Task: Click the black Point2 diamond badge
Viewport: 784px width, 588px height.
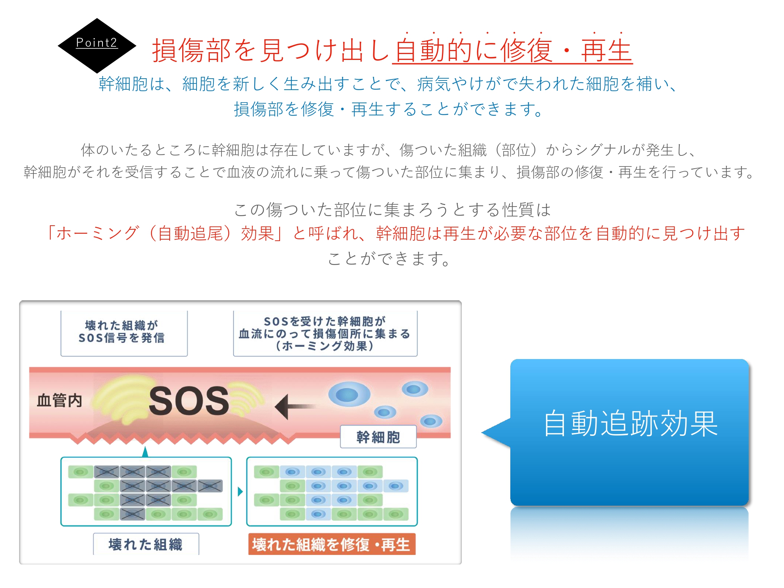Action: pyautogui.click(x=97, y=45)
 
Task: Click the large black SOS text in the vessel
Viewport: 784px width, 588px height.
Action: pyautogui.click(x=189, y=401)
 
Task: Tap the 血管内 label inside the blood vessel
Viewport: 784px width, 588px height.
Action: pyautogui.click(x=60, y=400)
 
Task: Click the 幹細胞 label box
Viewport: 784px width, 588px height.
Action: pyautogui.click(x=378, y=437)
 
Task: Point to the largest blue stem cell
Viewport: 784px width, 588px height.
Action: pyautogui.click(x=348, y=394)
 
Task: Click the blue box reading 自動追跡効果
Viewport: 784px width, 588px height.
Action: pyautogui.click(x=630, y=432)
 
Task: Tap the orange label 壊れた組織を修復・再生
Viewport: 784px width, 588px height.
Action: pyautogui.click(x=331, y=544)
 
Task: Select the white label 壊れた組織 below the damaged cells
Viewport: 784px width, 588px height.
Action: pyautogui.click(x=146, y=544)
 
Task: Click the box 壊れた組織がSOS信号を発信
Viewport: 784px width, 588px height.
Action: pyautogui.click(x=124, y=332)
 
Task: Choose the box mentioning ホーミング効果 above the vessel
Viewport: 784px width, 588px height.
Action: pyautogui.click(x=325, y=333)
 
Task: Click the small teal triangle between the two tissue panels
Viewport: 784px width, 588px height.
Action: pyautogui.click(x=240, y=491)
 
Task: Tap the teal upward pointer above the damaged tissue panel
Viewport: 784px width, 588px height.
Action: pyautogui.click(x=145, y=452)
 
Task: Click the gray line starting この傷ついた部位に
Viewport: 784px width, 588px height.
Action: pyautogui.click(x=392, y=210)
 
